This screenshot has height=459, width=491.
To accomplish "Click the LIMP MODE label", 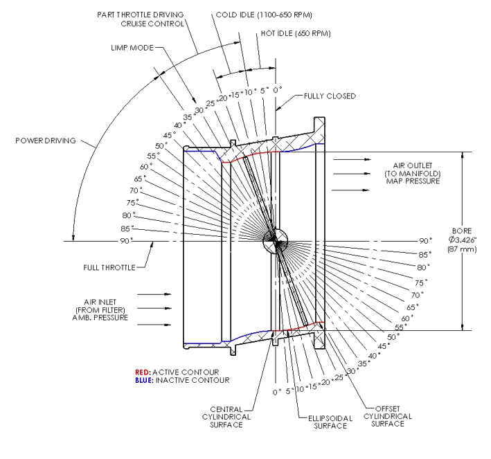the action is [x=132, y=48].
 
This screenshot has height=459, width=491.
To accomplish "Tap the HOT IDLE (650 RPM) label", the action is [x=296, y=33].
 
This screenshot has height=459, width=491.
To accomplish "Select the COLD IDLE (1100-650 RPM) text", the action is [x=264, y=15].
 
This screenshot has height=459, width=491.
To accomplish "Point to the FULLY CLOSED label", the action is [x=330, y=96].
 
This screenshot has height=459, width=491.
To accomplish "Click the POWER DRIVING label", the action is [x=46, y=141].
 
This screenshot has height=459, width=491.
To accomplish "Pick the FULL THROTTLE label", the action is [x=109, y=268].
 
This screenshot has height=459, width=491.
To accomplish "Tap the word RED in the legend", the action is [x=142, y=372].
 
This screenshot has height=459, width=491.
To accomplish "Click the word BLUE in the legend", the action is [x=144, y=380].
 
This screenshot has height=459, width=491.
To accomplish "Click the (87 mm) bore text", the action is [x=462, y=249].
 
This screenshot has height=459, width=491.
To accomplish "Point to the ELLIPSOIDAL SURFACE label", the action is [x=330, y=422].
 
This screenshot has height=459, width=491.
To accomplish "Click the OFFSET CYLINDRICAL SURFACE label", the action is [x=388, y=416].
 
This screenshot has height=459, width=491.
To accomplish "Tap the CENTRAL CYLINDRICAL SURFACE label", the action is [x=226, y=417].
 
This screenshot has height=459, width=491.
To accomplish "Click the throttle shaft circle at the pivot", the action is [x=275, y=240].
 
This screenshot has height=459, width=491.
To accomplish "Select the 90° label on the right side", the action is [x=425, y=241].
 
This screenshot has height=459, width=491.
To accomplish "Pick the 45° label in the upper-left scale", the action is [x=169, y=135].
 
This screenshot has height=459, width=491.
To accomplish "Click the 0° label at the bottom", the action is [x=277, y=393].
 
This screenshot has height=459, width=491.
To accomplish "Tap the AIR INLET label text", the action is [x=100, y=302].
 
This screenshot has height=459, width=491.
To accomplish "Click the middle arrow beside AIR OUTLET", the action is [x=351, y=174].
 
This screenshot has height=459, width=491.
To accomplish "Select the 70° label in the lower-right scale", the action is [x=418, y=295].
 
